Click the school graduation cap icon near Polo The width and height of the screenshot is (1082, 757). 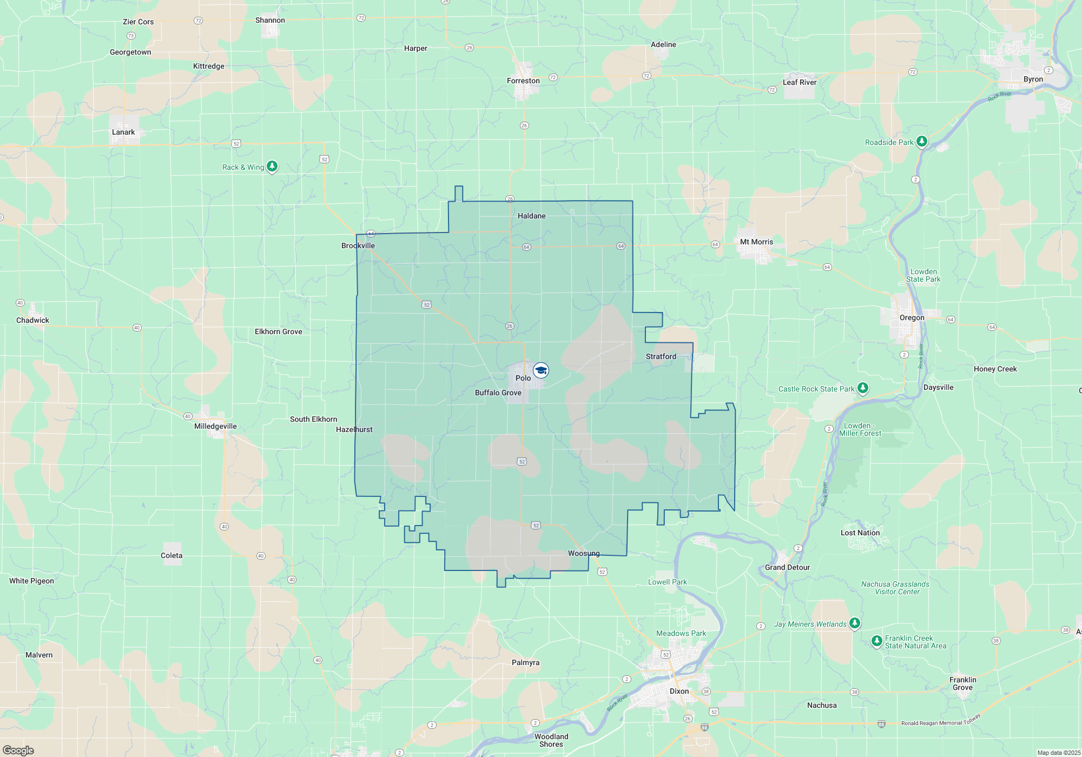point(541,370)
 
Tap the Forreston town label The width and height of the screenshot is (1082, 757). point(523,81)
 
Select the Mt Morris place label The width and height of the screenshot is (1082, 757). point(756,242)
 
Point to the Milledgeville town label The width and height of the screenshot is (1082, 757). point(215,427)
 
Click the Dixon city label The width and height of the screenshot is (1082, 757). point(679,692)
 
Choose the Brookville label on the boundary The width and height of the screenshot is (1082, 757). point(358,246)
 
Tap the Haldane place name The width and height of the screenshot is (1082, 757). point(531,216)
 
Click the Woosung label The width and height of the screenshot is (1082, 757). point(584,554)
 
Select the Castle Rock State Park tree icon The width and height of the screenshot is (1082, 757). point(863,388)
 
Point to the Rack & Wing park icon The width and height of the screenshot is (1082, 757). point(273,167)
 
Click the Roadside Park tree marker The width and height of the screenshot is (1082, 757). point(922,142)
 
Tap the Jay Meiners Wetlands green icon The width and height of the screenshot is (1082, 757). point(855,623)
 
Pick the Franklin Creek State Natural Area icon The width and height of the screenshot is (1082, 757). point(877,641)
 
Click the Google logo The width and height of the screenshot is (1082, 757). point(18,751)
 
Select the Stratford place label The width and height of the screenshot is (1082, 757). point(661,357)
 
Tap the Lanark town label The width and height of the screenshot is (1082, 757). point(123,132)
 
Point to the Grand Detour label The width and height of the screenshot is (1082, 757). point(787,568)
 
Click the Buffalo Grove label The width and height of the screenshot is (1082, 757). point(498,393)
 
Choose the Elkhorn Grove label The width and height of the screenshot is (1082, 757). point(278,332)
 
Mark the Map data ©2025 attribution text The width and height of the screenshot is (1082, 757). point(1058,753)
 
